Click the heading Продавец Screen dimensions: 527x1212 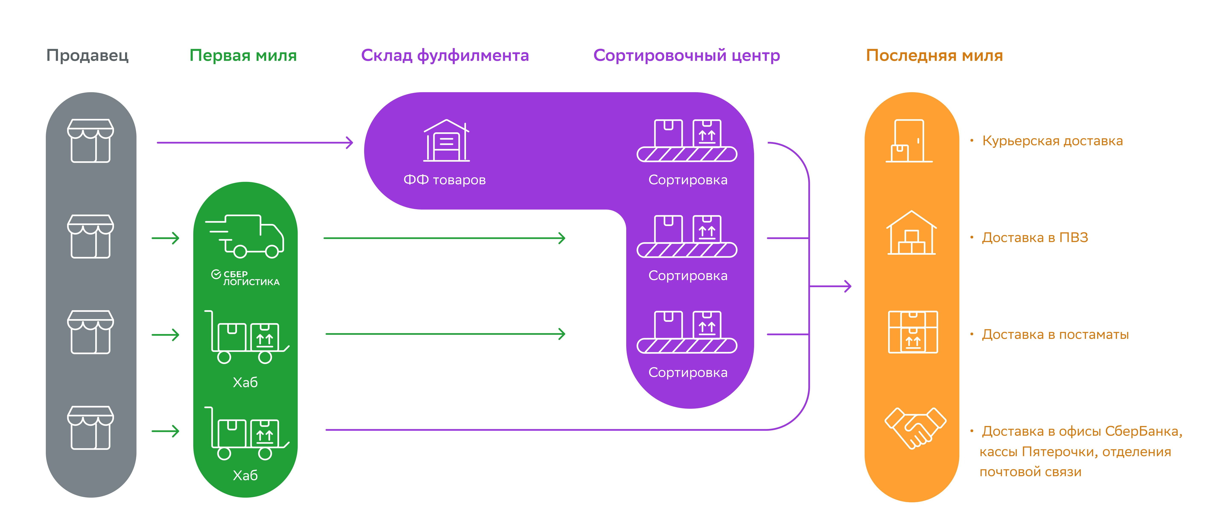coord(88,56)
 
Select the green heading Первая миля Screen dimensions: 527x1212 coord(243,56)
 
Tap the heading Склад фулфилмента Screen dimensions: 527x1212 coord(445,56)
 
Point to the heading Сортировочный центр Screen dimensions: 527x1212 coord(687,56)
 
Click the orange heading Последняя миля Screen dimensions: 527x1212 coord(934,56)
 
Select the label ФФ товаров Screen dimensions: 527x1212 coord(445,180)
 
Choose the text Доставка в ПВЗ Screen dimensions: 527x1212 coord(1035,238)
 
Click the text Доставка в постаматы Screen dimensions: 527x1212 coord(1055,335)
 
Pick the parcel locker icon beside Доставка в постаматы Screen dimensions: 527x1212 coord(913,332)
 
